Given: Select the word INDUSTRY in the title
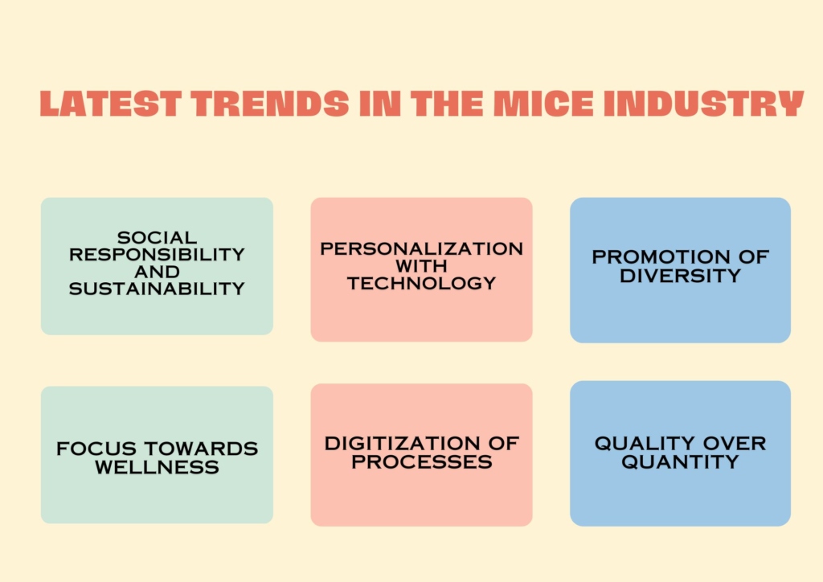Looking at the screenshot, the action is point(704,104).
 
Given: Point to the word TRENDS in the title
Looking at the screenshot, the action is point(270,104).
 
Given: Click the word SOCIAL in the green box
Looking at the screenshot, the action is point(157,238).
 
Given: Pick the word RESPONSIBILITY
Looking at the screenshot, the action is point(157,255).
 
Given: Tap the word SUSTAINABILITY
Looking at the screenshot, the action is point(157,289).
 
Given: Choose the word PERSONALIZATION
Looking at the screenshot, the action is point(421,248).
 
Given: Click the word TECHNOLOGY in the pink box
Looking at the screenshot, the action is point(421,284).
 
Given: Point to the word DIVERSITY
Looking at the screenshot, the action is point(680,276).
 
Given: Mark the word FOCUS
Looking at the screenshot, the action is point(96,449).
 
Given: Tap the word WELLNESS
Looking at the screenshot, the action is point(157,467).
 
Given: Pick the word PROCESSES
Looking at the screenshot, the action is point(422,461).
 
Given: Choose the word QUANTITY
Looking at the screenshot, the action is point(680,461).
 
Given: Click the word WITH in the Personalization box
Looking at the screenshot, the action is point(421,266).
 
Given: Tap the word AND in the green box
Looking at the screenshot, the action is point(157,272).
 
